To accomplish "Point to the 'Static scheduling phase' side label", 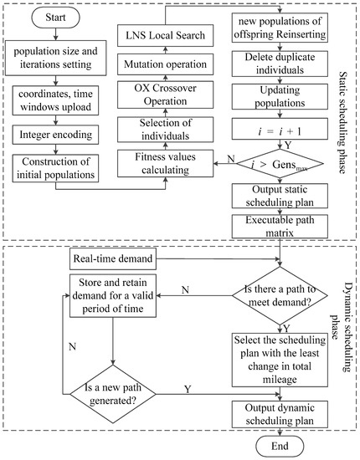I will pyautogui.click(x=345, y=117).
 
